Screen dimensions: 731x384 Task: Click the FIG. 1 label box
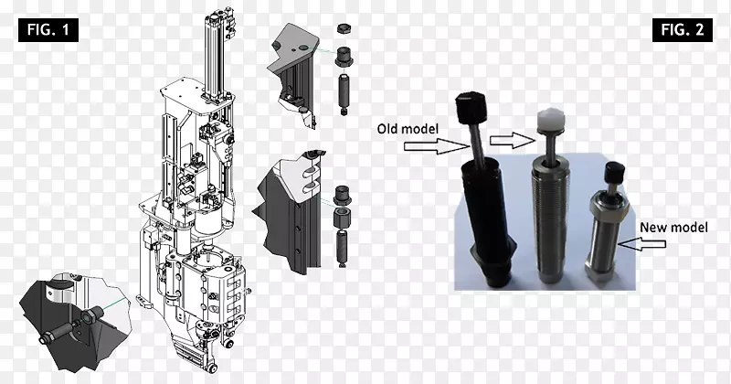coord(48,30)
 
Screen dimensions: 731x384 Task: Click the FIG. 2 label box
coord(682,30)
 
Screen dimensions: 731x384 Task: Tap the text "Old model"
coord(408,128)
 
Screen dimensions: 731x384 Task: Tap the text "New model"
coord(673,228)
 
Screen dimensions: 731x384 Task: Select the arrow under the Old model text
coord(437,146)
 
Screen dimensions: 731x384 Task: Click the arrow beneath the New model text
coord(641,243)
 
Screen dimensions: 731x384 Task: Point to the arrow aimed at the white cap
coord(512,140)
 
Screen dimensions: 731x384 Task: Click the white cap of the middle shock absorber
coord(550,121)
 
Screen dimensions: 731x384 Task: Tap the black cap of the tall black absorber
coord(471,107)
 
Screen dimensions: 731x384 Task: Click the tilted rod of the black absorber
coord(475,144)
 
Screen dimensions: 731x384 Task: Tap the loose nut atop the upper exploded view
coord(344,28)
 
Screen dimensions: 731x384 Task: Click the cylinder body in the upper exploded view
coord(344,92)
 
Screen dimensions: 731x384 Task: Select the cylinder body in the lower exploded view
coord(343,247)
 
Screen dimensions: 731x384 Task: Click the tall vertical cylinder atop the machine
coord(213,56)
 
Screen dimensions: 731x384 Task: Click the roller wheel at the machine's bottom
coord(213,368)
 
